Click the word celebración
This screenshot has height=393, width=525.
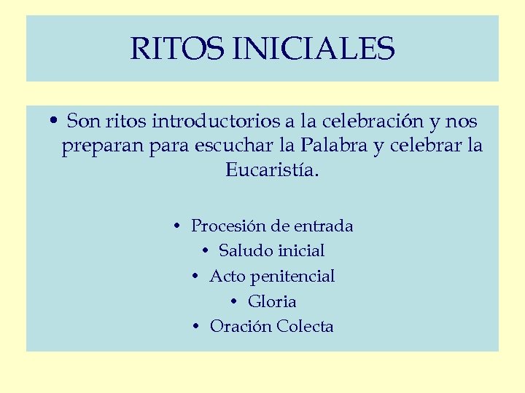[x=362, y=119]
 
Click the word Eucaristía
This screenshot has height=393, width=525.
[x=272, y=171]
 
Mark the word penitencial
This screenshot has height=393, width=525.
[x=293, y=277]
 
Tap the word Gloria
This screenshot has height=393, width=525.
[x=272, y=301]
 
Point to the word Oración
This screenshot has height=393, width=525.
[x=240, y=326]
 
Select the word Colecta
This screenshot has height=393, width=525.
[x=305, y=326]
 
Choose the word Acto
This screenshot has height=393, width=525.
[x=226, y=277]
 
